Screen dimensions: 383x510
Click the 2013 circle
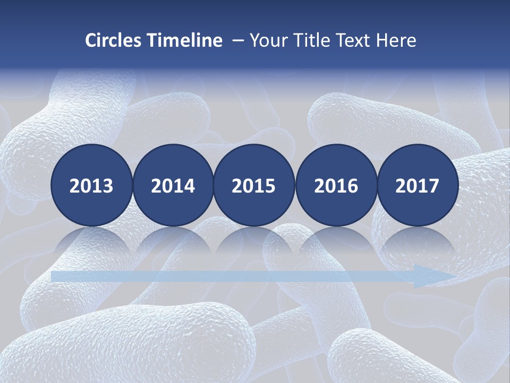coord(91,185)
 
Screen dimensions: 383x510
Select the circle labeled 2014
coord(173,185)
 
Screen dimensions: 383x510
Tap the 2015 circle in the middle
coord(254,185)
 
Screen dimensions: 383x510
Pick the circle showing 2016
coord(336,185)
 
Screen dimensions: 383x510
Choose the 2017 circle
coord(418,185)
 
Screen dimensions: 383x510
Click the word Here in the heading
coord(396,40)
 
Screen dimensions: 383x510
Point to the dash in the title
coord(237,41)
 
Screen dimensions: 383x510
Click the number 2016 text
coord(336,186)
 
